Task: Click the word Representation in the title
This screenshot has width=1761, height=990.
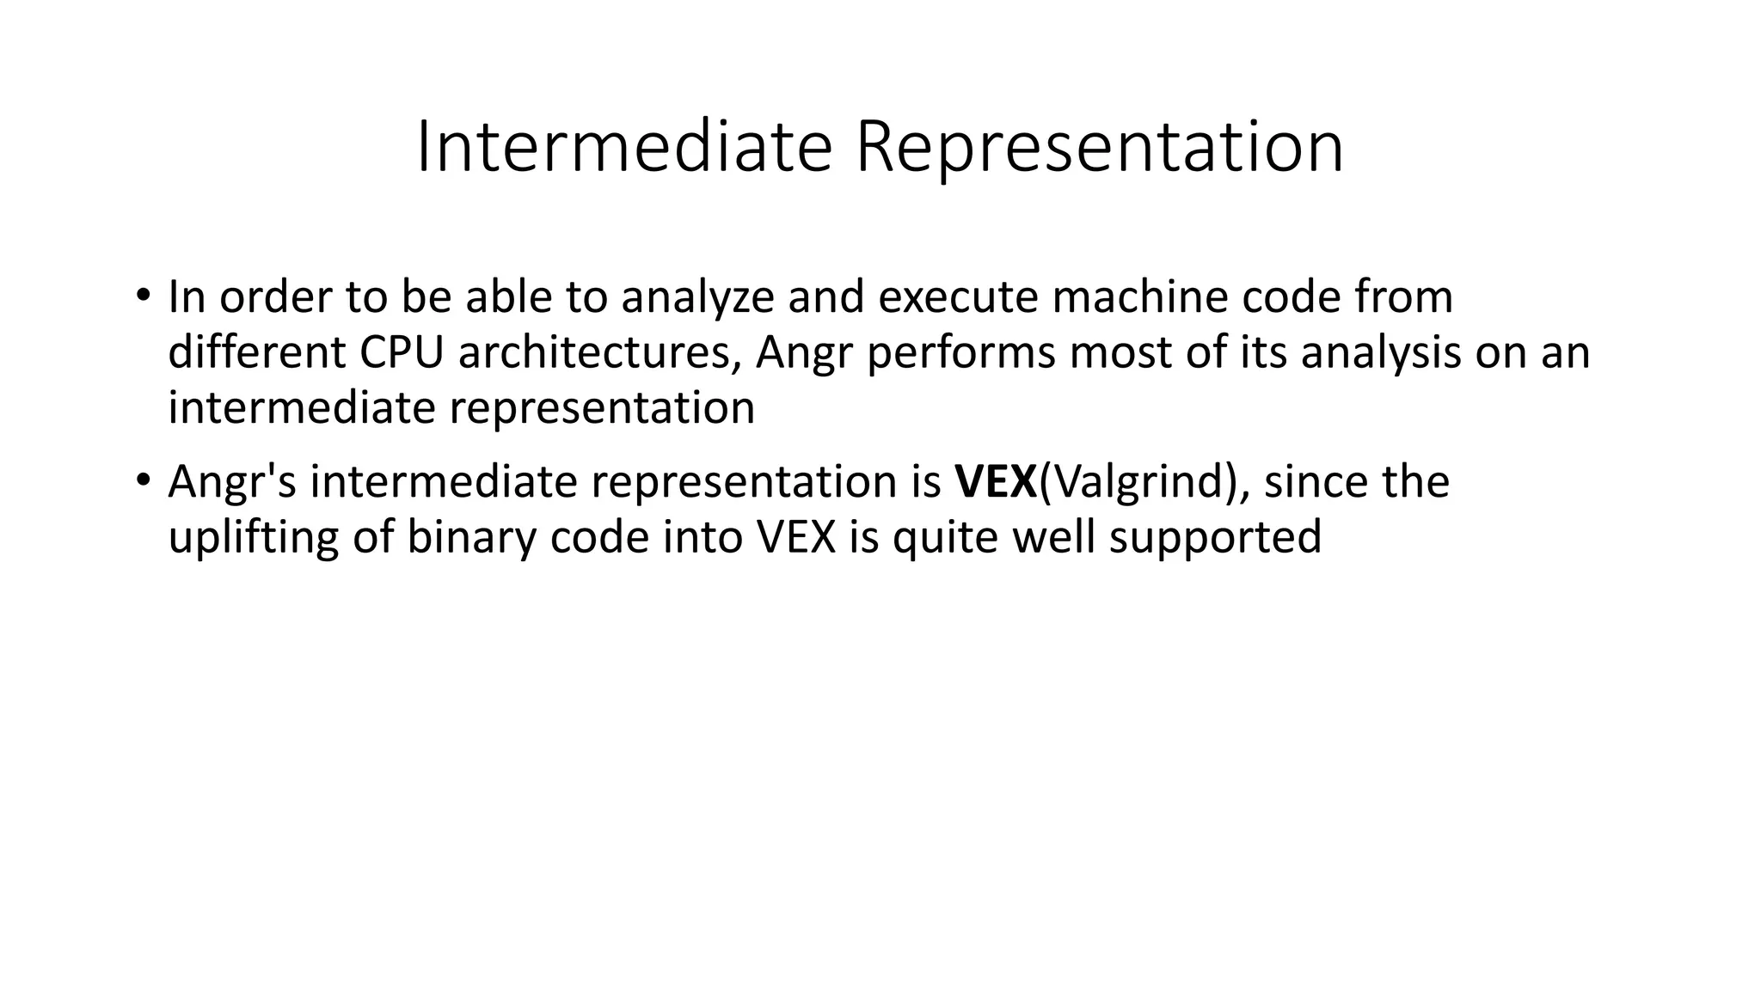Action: click(1099, 148)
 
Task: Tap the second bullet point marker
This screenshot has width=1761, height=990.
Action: click(142, 480)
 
